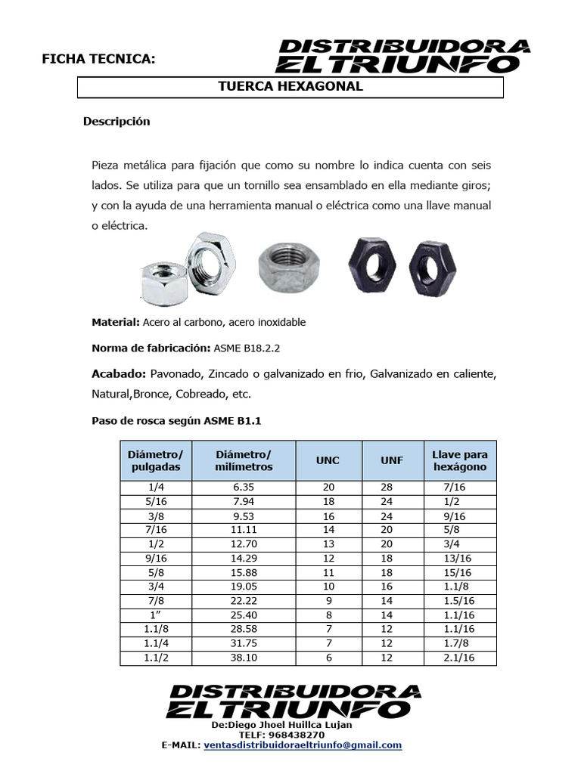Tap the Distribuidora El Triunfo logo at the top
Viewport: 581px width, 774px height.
tap(404, 55)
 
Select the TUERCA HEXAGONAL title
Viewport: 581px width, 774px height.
tap(290, 87)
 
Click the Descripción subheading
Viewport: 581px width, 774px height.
tap(117, 122)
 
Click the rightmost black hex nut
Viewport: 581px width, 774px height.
tap(432, 268)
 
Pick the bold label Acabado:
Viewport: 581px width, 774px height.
tap(119, 374)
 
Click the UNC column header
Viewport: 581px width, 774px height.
tap(328, 460)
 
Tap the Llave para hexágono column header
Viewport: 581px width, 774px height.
tap(459, 460)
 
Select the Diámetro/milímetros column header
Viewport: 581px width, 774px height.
tap(243, 460)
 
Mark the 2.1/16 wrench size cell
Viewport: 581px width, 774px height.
tap(459, 658)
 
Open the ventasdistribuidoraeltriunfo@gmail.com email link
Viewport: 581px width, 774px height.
tap(303, 745)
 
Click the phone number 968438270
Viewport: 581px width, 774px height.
tap(303, 735)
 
